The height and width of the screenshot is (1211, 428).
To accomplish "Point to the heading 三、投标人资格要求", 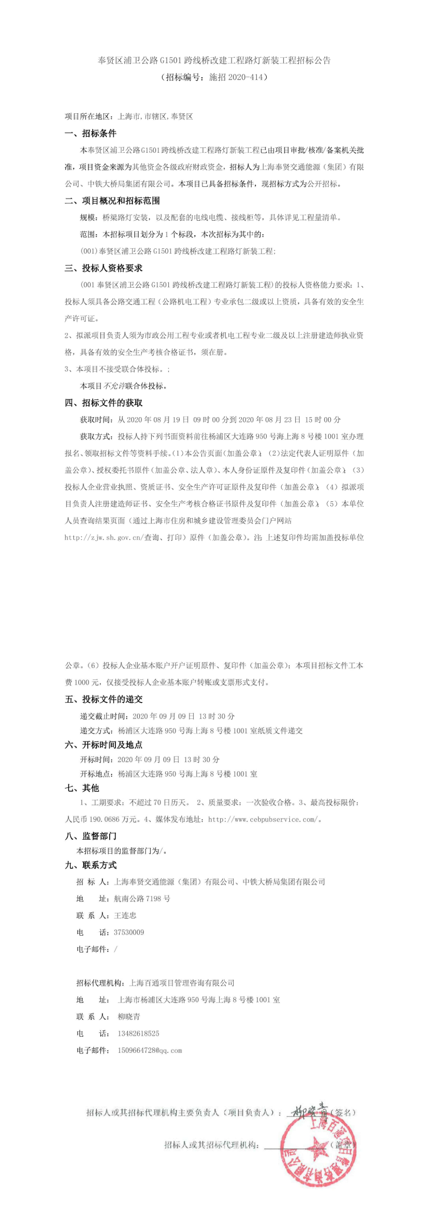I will coord(104,268).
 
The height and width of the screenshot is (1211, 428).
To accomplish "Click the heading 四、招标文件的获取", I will coord(104,403).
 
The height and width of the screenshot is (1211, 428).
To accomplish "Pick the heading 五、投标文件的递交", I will coord(104,699).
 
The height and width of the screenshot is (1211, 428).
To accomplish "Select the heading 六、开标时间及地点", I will coord(104,745).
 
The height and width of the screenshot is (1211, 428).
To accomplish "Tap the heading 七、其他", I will coord(82,788).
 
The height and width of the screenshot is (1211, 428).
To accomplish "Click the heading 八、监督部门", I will coord(91,836).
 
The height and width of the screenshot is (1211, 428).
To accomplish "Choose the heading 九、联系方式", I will coord(91,865).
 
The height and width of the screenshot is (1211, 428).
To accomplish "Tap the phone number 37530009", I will coord(129,932).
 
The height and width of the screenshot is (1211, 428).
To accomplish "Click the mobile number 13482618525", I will coord(138,1033).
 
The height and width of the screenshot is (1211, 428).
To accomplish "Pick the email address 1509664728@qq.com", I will coord(150,1050).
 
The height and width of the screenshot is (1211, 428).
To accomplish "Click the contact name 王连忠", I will coord(125,915).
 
